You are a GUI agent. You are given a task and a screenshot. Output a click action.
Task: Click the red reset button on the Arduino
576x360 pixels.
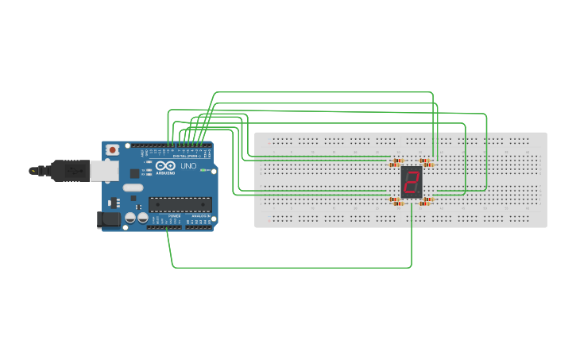coord(113,149)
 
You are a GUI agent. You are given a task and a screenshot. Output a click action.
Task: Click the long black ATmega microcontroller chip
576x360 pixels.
coord(180,204)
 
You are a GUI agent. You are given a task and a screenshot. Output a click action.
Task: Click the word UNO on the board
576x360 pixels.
coord(188,167)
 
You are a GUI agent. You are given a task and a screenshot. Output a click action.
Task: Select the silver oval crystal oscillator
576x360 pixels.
coord(132,188)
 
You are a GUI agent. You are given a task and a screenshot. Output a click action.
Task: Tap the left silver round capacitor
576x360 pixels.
coord(129,217)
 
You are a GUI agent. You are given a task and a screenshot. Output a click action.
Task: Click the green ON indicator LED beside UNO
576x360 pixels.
coord(204,170)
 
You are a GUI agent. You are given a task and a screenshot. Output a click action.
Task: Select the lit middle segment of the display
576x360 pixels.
coord(411,183)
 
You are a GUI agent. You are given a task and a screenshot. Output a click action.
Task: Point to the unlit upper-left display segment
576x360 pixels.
coord(407,177)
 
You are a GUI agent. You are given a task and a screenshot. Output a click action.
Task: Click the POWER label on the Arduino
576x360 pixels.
coord(175,215)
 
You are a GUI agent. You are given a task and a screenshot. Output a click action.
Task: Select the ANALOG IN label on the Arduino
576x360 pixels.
coord(199,215)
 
